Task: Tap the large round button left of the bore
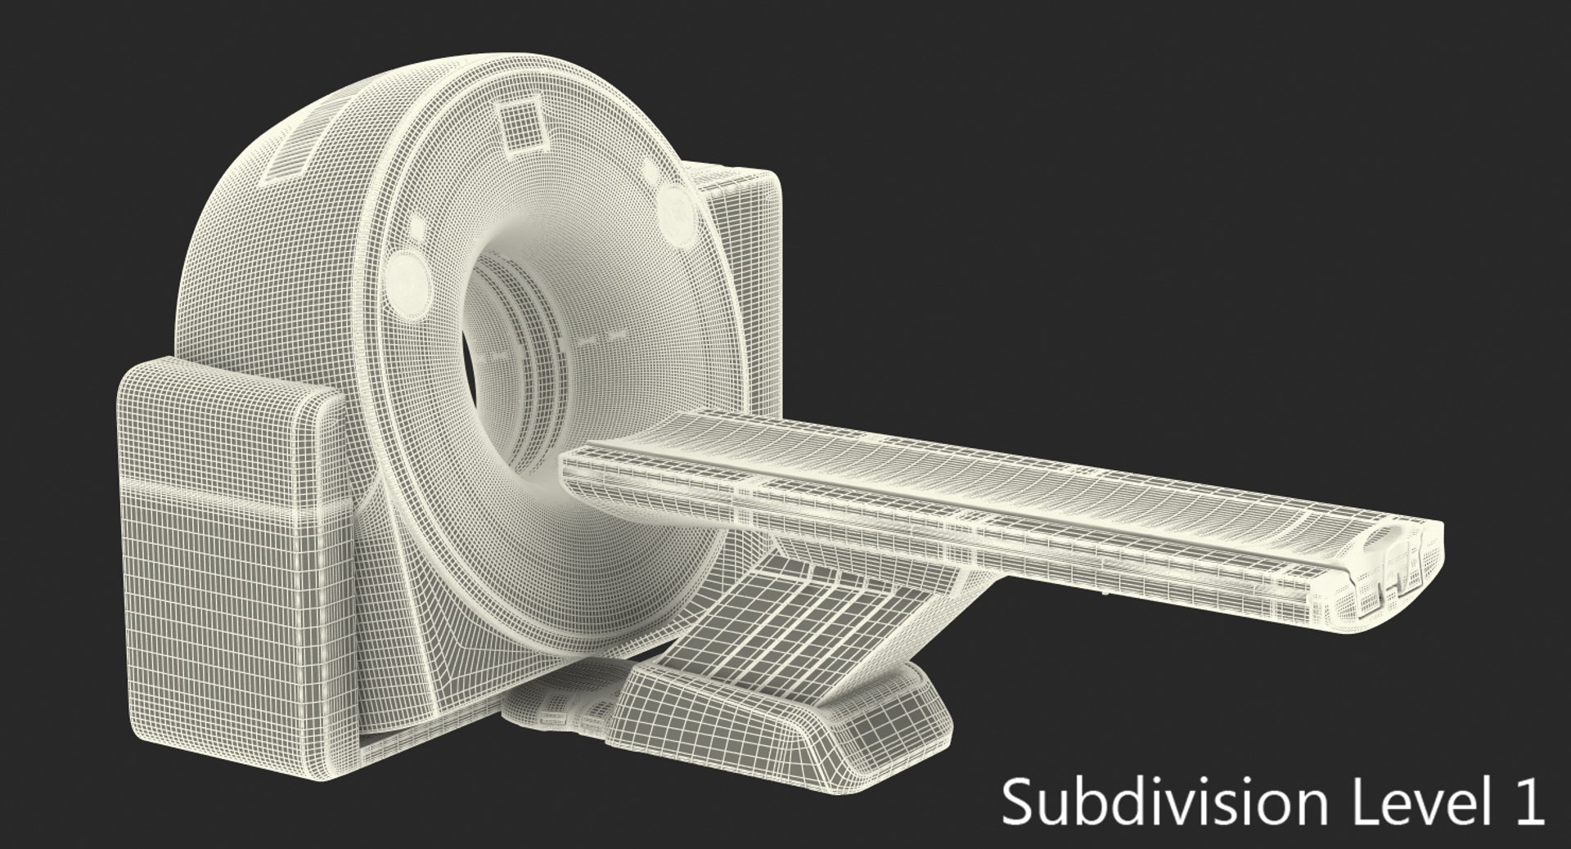tap(407, 278)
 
